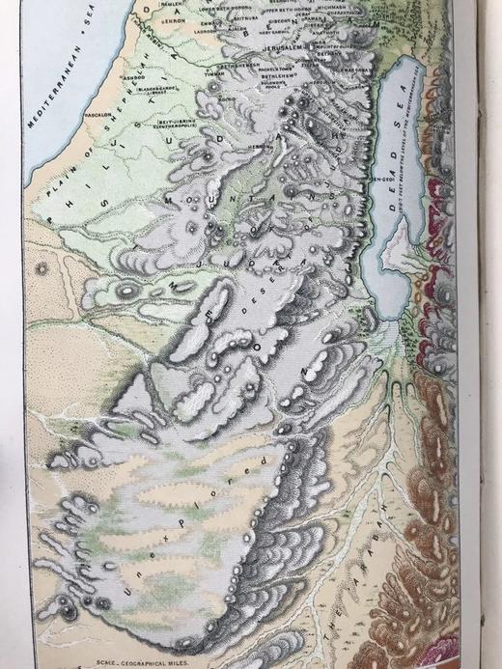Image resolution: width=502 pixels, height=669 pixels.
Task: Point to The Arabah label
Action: (354, 565)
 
